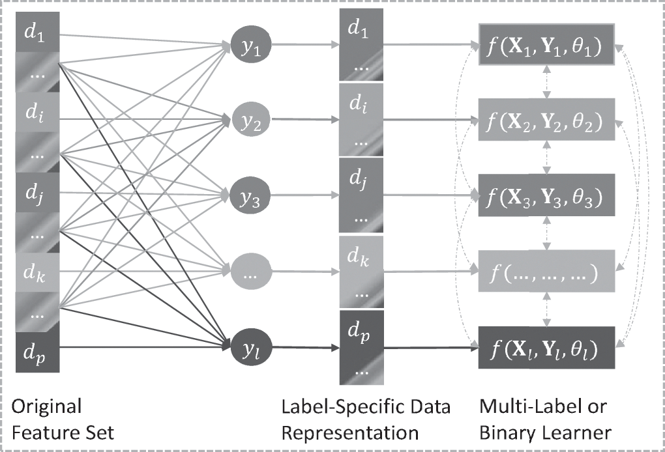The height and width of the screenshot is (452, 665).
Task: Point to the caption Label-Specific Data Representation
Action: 366,419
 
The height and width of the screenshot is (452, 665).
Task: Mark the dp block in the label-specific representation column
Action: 361,348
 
